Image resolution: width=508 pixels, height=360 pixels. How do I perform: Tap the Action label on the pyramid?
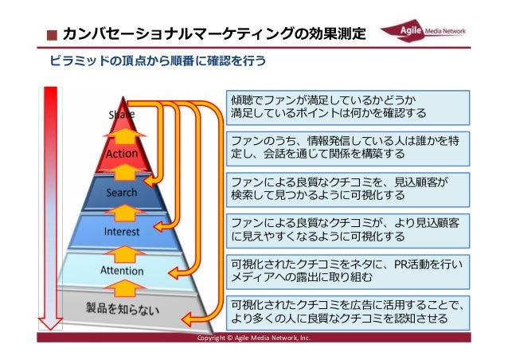[122, 155]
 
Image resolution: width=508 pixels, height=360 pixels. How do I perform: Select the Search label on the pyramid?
[122, 193]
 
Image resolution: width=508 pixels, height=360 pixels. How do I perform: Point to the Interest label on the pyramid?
[122, 232]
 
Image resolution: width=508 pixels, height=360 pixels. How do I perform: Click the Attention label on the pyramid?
[122, 271]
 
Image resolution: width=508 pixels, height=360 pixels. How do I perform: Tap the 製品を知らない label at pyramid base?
[122, 309]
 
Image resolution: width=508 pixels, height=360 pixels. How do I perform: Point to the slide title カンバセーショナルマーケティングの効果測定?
[214, 34]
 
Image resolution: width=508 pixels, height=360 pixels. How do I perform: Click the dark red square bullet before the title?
[52, 35]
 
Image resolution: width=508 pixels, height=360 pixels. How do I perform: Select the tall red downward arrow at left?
[52, 207]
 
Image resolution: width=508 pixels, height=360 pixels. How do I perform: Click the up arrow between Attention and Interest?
[122, 252]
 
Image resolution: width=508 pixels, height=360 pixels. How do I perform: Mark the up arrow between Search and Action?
[122, 173]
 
